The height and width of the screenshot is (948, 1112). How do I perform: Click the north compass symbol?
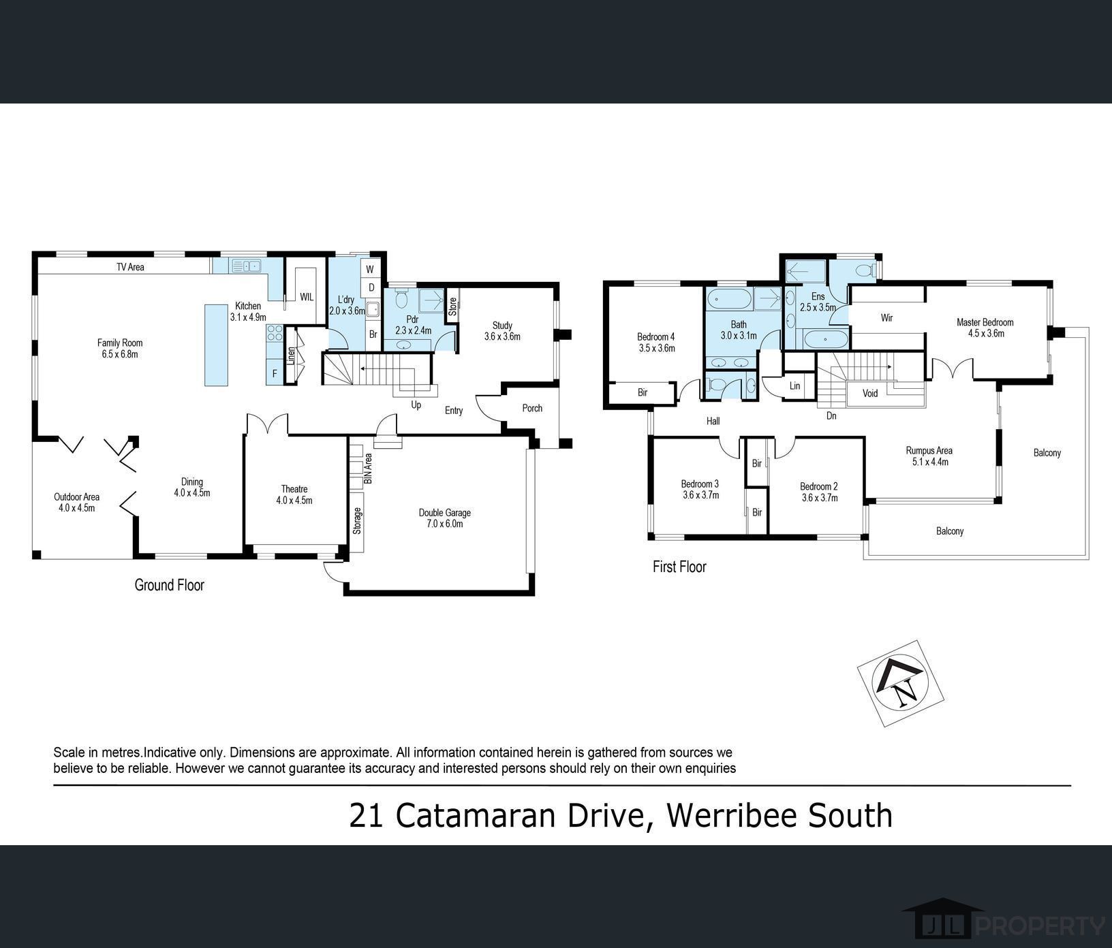(901, 684)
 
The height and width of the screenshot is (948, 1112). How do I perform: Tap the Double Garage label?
(444, 518)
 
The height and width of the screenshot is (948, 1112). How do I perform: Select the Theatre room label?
(294, 494)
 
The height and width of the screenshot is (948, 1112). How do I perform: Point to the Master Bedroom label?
(985, 328)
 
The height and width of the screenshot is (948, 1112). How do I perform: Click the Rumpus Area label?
(929, 456)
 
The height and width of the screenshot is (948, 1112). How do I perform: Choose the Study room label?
(502, 331)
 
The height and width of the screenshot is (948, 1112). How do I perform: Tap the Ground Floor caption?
(169, 585)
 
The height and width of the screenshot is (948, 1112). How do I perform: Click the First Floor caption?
(679, 567)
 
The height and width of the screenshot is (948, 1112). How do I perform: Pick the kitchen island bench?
(216, 345)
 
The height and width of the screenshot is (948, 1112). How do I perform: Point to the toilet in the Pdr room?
(401, 299)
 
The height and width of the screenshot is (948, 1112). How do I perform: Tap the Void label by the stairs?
(870, 393)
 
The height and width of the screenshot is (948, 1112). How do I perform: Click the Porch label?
(532, 408)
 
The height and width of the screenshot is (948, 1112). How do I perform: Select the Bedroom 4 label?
(655, 342)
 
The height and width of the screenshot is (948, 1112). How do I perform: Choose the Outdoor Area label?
(76, 502)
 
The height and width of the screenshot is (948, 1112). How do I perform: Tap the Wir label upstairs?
(886, 318)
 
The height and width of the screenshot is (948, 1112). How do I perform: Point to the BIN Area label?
(368, 469)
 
